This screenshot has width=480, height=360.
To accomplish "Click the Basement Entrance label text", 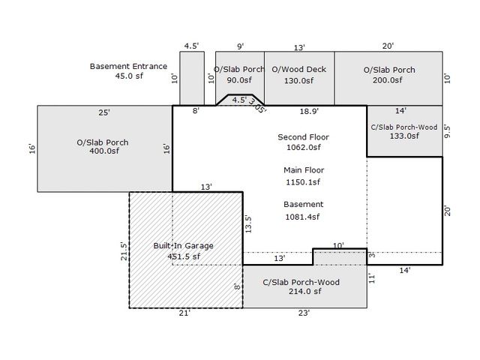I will pos(128,66).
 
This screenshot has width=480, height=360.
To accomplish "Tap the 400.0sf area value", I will pos(103,151).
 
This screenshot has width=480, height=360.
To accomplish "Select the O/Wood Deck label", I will pos(298,70).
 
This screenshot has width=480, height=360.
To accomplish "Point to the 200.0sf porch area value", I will pos(388,80).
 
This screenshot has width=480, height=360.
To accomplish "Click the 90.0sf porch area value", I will pos(238,80).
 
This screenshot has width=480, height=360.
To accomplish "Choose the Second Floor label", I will pos(303,137).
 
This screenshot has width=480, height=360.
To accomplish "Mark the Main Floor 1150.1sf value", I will pos(303,181).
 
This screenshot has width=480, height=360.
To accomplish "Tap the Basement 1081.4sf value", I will pos(303,217).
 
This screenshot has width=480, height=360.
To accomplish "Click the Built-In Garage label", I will pos(184,246).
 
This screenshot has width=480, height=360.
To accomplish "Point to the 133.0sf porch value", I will pos(403,136).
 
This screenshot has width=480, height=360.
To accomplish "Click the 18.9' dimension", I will pos(309,111).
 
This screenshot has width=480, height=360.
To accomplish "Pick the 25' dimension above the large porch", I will pos(103,112).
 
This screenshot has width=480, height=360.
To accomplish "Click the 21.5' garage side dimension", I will pos(124,250).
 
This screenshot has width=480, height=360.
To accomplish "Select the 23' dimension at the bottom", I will pos(303,314).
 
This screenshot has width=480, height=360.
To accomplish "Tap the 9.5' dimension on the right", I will pos(448,132).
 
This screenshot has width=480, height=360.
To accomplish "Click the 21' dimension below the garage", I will pos(184,314).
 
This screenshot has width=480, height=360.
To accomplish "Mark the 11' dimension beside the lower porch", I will pos(372,277).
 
